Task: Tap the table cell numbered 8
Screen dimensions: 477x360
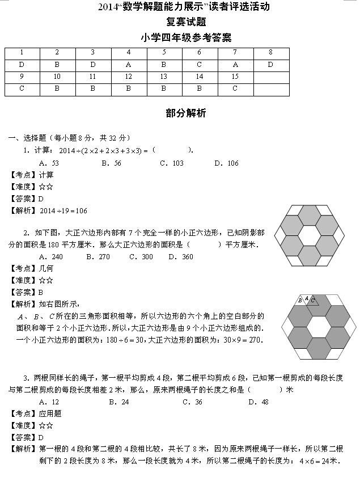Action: tap(270, 52)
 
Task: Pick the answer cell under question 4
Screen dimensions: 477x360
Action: tap(128, 65)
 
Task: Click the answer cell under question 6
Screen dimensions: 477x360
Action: tap(199, 65)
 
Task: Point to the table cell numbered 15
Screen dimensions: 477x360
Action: tap(235, 77)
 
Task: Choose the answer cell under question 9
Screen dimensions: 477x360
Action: tap(22, 88)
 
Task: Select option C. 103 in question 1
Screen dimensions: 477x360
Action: tap(171, 163)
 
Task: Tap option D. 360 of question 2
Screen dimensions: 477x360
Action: tap(180, 257)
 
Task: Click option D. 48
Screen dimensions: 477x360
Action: tap(259, 402)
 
